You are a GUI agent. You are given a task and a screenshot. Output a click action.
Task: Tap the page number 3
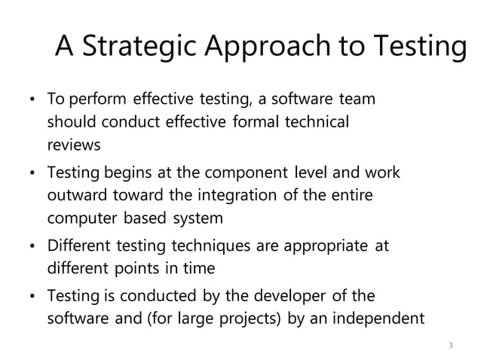point(450,345)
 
